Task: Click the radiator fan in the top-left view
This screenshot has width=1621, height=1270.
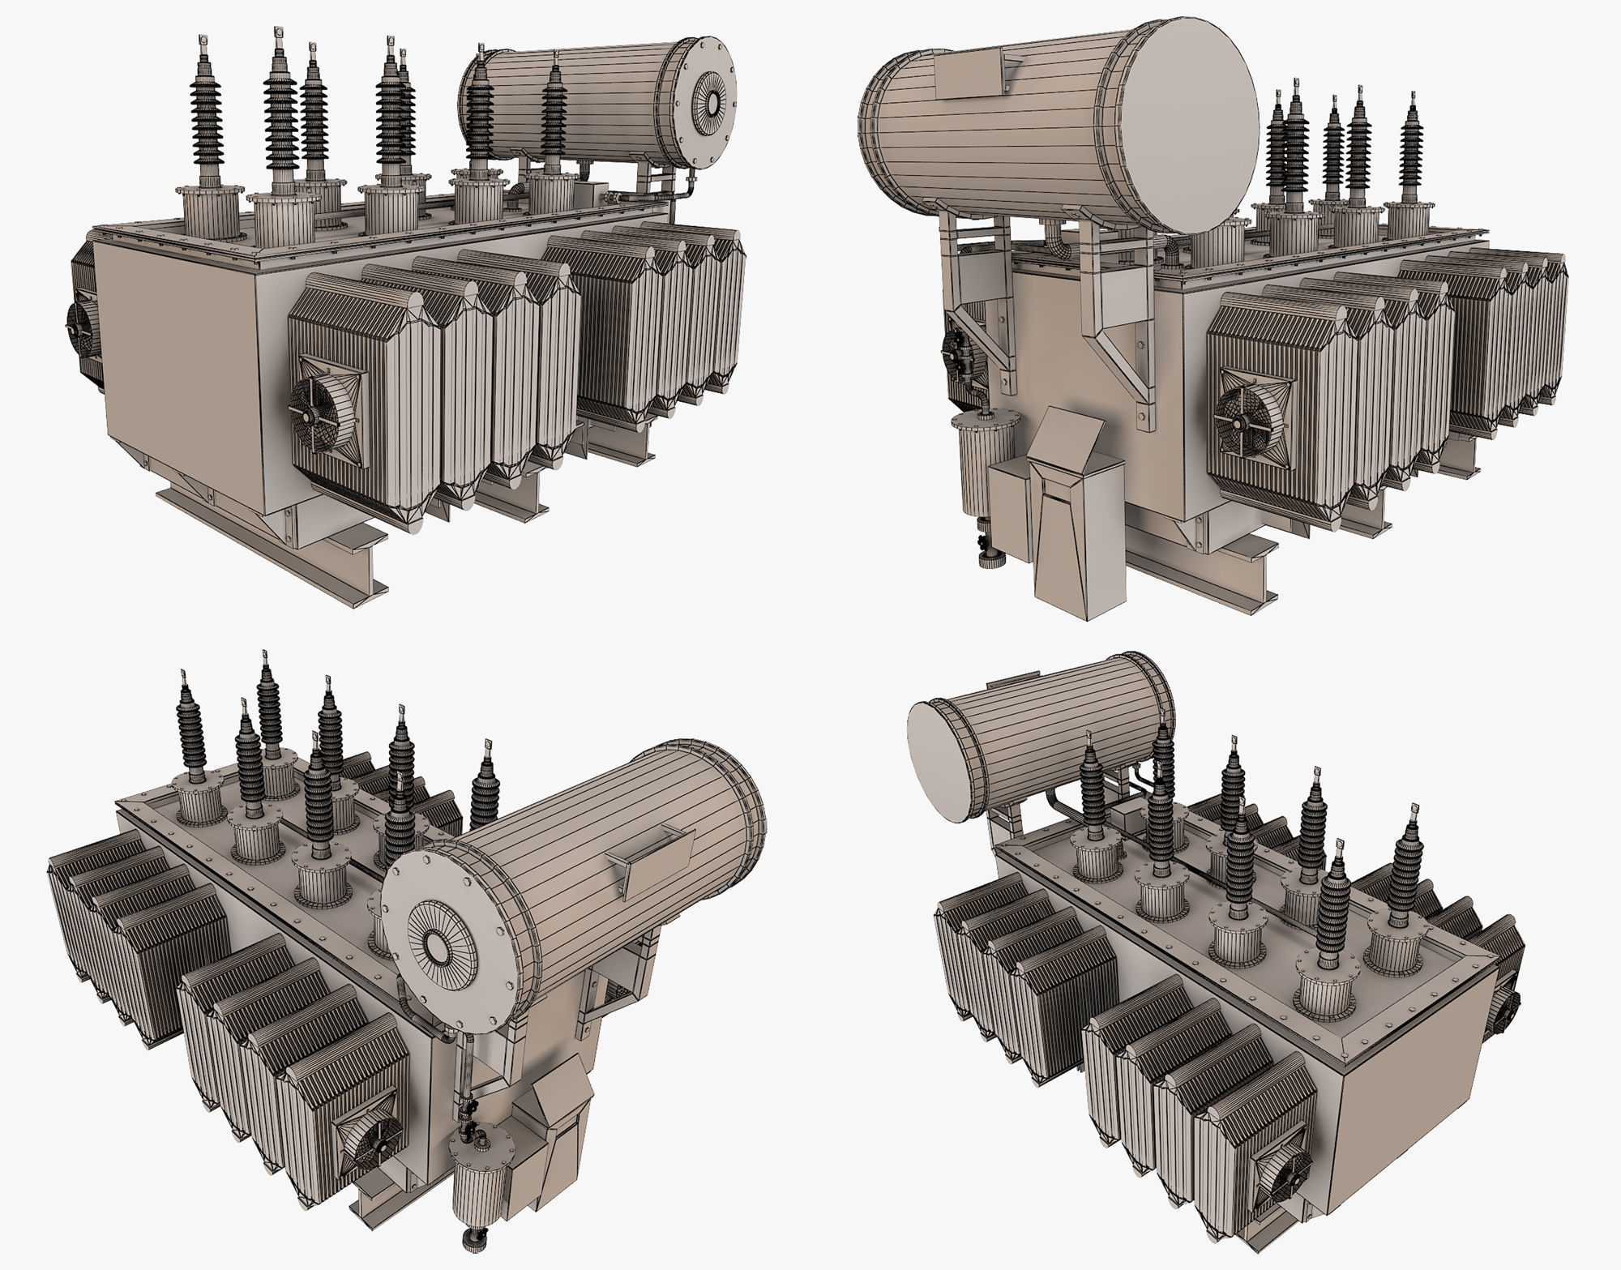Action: click(x=325, y=413)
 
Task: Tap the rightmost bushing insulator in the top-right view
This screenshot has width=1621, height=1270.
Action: click(x=1411, y=162)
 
